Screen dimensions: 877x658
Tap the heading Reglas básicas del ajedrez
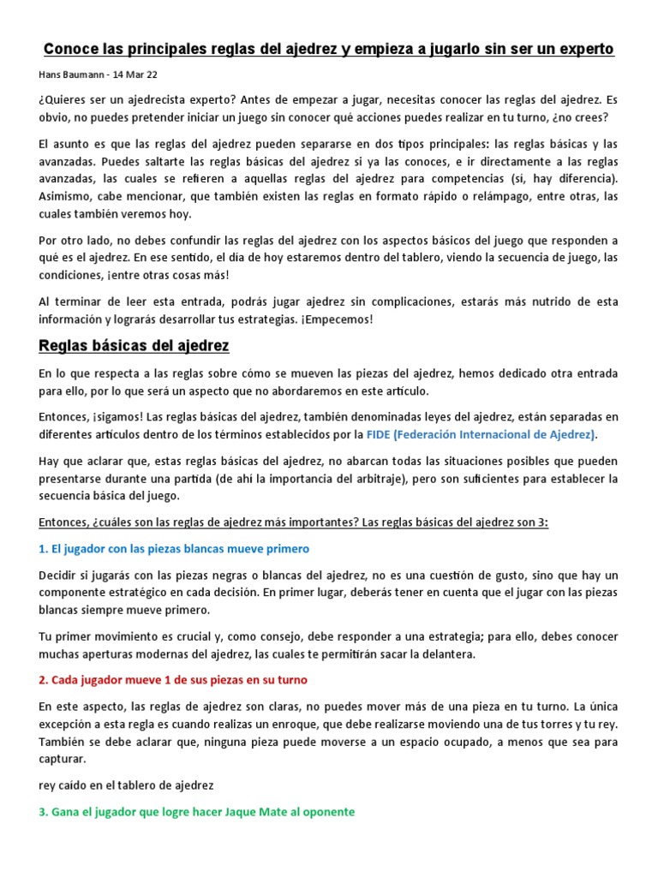pos(134,346)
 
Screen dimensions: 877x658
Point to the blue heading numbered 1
pos(174,548)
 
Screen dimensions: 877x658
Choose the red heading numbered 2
pos(173,679)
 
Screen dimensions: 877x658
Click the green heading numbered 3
pos(196,811)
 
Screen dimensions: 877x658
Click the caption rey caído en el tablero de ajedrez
pos(126,785)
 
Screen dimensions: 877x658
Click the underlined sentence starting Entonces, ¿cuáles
pos(293,522)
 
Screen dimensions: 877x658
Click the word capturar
pos(63,759)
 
